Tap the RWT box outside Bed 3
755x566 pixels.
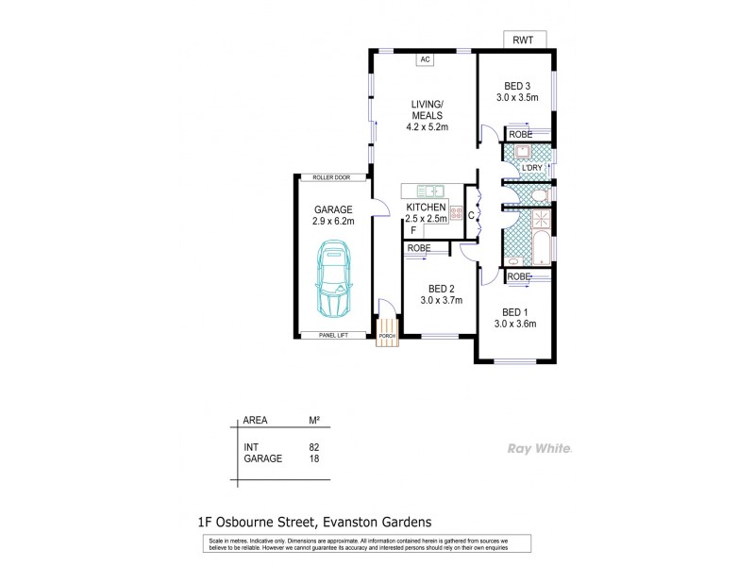[x=522, y=40]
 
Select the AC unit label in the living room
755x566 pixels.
[x=425, y=60]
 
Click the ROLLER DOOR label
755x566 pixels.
[x=332, y=177]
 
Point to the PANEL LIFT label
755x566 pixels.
[x=332, y=336]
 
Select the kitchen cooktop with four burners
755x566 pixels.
[x=456, y=212]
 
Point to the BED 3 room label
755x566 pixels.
[x=516, y=85]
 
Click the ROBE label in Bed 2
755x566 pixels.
[x=420, y=248]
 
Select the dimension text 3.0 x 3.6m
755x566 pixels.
[x=516, y=325]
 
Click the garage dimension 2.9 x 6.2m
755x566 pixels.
[x=332, y=221]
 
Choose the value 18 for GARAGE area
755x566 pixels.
[x=314, y=460]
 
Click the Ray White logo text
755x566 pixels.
[x=539, y=448]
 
